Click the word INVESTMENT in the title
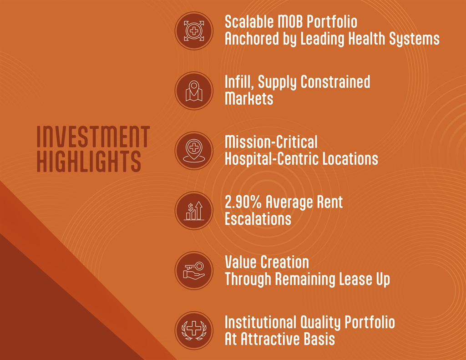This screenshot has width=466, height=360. (x=93, y=137)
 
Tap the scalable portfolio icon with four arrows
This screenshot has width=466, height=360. (x=194, y=30)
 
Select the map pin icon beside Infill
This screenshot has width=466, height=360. (x=194, y=91)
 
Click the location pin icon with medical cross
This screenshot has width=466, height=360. (x=194, y=151)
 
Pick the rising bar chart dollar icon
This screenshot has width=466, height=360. (x=194, y=210)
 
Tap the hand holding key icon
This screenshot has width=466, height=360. (x=194, y=270)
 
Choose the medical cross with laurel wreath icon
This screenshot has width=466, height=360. (x=194, y=330)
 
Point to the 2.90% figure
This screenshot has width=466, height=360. (x=243, y=202)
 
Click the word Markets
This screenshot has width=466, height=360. (x=249, y=98)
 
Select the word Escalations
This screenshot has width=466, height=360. (x=258, y=219)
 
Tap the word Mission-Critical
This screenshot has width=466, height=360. (x=271, y=142)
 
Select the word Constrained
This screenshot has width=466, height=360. (x=335, y=82)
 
